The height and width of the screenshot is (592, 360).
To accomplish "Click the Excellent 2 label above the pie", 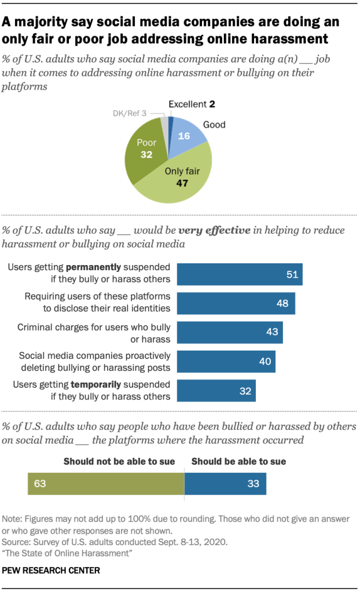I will tap(191, 104).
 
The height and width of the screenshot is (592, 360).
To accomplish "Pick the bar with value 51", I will tap(239, 274).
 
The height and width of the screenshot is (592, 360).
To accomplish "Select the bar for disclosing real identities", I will tap(236, 303).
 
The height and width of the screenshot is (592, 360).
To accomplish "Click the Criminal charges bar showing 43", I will tap(229, 333).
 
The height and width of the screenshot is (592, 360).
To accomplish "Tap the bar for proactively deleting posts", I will tap(226, 362).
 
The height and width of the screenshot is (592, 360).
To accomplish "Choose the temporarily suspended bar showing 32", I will tap(216, 391).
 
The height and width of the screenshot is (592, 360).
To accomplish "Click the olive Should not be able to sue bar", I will tap(105, 483).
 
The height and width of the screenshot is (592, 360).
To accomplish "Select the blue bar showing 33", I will tap(225, 483).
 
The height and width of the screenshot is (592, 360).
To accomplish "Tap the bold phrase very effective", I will tap(215, 230).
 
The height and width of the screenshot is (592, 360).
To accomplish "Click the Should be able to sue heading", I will tap(238, 461).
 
